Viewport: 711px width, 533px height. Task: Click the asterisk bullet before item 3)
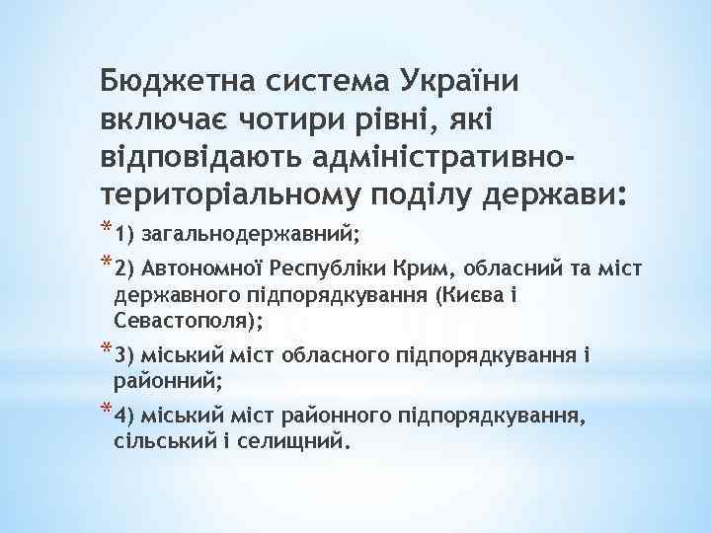click(105, 349)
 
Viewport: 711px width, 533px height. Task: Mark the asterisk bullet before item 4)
click(105, 408)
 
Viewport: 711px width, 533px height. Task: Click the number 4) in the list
click(124, 413)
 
